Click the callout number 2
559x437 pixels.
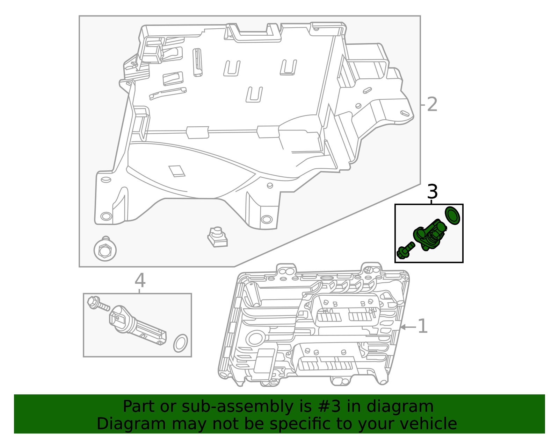tap(432, 105)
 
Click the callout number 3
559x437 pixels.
tap(432, 192)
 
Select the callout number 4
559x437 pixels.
tap(140, 280)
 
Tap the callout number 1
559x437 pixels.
tap(423, 326)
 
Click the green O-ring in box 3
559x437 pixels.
tap(452, 215)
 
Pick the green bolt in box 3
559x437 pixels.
tap(405, 251)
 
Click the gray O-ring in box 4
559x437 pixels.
tap(180, 343)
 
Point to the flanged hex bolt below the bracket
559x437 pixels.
tap(105, 250)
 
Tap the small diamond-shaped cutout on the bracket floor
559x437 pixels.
tap(177, 171)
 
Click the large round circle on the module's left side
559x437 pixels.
tap(255, 338)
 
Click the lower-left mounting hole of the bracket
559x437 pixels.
tap(106, 216)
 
